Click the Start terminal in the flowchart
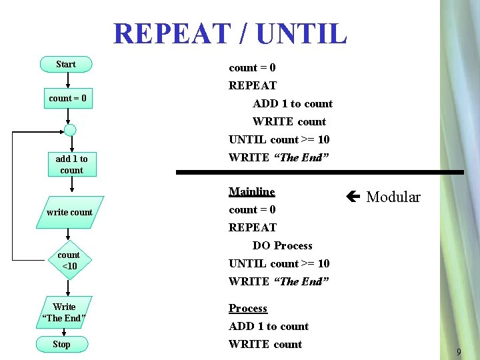pos(66,65)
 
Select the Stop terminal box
pos(61,345)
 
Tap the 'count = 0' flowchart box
pos(67,99)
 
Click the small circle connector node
pos(69,130)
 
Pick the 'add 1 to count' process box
pos(71,165)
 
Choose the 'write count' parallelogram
pos(69,213)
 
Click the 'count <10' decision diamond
pos(69,261)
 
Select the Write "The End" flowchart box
pos(64,312)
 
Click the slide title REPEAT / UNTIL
pos(230,33)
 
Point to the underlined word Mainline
pos(251,192)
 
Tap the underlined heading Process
pos(247,309)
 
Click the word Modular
pos(393,197)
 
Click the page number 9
pos(459,351)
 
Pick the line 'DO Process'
pos(282,246)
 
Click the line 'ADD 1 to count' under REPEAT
pos(292,104)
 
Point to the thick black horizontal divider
pos(320,172)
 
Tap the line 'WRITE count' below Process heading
pos(265,345)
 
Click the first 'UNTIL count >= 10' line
pos(279,140)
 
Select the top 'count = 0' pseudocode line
pos(252,68)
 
